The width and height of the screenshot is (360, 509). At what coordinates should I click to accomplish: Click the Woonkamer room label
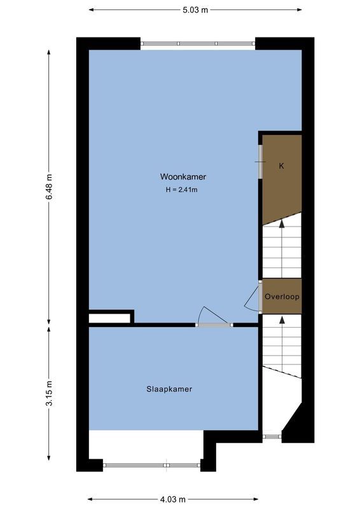pos(183,177)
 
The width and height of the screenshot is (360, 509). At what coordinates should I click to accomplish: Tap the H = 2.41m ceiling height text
pos(183,189)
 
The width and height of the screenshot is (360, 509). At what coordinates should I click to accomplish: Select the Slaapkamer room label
pos(169,389)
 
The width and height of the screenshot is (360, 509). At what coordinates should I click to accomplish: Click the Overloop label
pos(282,296)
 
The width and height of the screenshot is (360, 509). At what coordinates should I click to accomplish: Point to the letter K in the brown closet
pos(281,166)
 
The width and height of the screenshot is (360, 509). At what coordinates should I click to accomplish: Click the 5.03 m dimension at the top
pos(195,10)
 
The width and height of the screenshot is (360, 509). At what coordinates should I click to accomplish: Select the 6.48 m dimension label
pos(49,188)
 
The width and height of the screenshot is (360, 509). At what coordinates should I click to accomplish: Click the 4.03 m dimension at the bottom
pos(173,499)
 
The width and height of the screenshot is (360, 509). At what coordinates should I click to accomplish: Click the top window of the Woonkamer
pos(198,43)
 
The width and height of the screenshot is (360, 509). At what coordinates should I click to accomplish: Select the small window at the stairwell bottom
pos(272,436)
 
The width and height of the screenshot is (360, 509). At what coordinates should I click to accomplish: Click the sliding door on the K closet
pos(260,162)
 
